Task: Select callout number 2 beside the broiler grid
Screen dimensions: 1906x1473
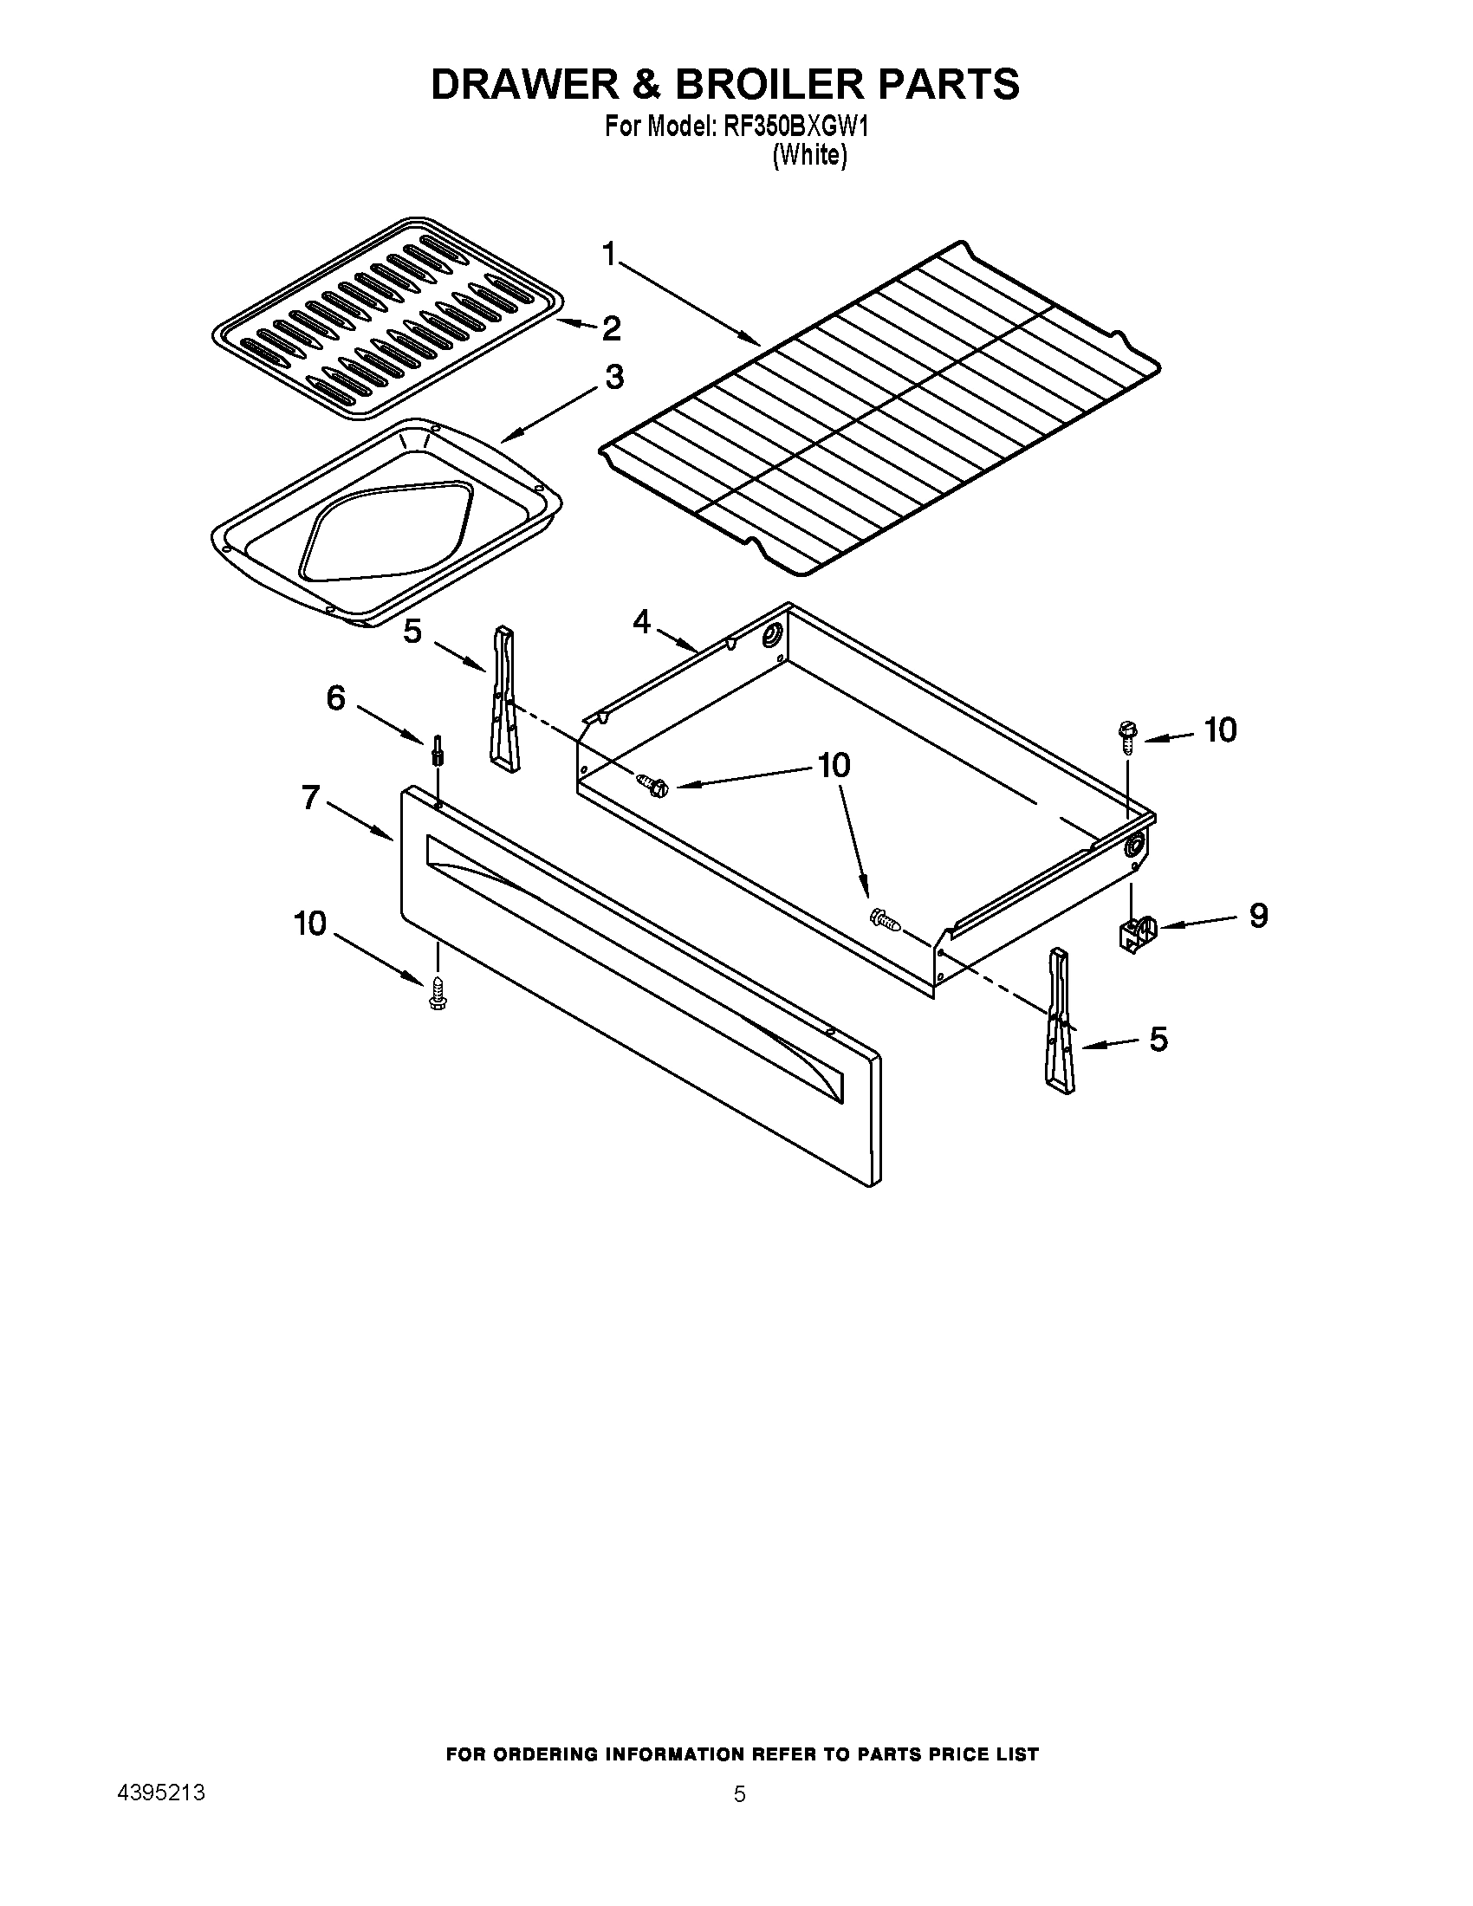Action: click(x=611, y=328)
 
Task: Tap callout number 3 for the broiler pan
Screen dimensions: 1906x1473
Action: click(x=614, y=377)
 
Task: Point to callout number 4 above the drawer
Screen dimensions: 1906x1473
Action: click(x=641, y=622)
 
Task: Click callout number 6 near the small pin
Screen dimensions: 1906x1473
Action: click(x=336, y=697)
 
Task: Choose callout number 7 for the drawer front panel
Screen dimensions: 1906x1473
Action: click(x=311, y=797)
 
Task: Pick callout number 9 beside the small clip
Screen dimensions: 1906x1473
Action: click(x=1257, y=915)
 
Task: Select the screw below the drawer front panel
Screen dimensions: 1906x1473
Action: click(x=438, y=993)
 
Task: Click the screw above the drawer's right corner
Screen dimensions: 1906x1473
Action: click(x=1126, y=736)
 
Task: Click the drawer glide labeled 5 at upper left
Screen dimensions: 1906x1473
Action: click(x=505, y=699)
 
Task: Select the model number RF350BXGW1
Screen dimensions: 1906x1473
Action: click(x=795, y=127)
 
